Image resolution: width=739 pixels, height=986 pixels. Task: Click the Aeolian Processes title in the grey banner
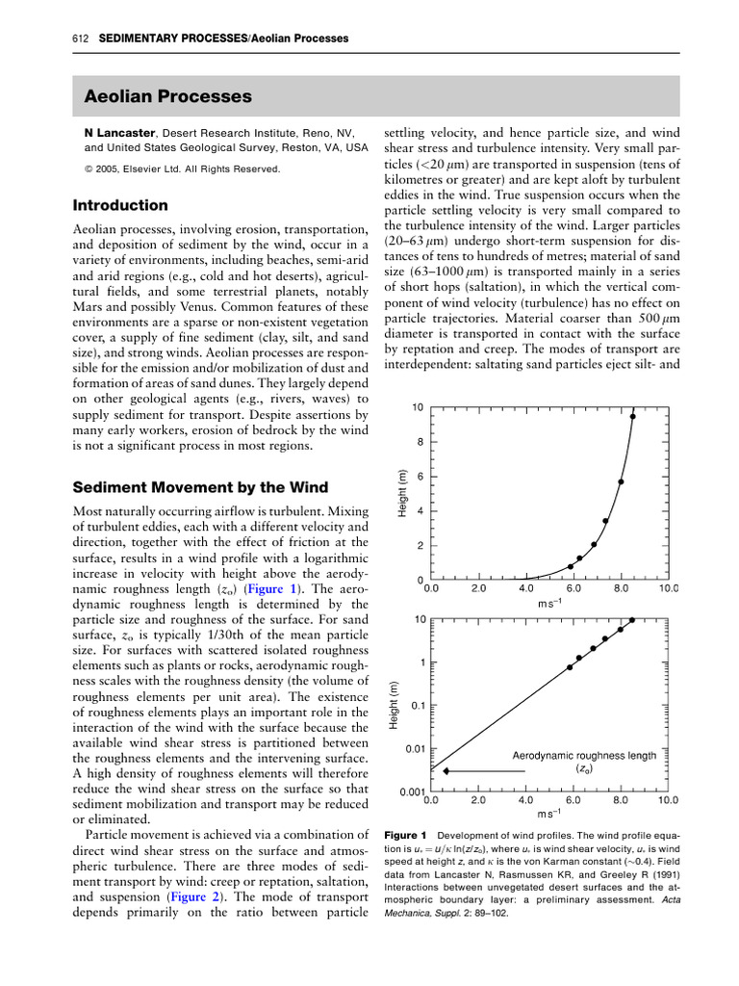pyautogui.click(x=168, y=97)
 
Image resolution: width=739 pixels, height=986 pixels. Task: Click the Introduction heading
pyautogui.click(x=120, y=206)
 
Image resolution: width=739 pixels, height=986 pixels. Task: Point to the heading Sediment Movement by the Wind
pyautogui.click(x=201, y=487)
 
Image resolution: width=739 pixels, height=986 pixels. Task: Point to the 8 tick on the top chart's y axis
pyautogui.click(x=419, y=442)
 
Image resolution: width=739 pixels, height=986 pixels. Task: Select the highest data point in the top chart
pyautogui.click(x=632, y=416)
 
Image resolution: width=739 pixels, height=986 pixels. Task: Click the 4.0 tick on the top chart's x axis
pyautogui.click(x=526, y=587)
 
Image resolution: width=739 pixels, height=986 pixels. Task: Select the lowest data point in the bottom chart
pyautogui.click(x=570, y=667)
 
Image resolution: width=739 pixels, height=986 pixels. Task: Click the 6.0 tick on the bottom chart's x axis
pyautogui.click(x=573, y=799)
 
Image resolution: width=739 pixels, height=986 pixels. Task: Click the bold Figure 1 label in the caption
pyautogui.click(x=405, y=834)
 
